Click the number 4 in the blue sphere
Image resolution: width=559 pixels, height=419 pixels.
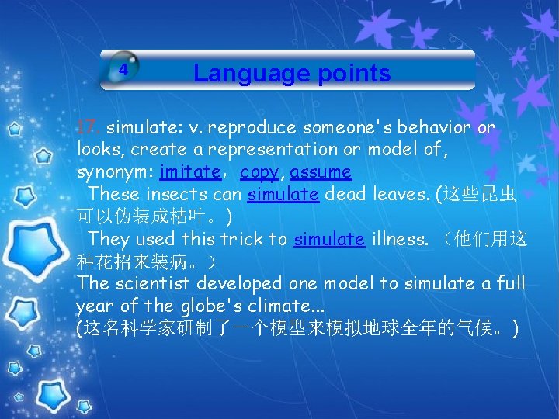tap(122, 69)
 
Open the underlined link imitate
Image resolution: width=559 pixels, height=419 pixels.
tap(190, 171)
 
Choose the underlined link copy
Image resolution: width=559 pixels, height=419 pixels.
tap(259, 171)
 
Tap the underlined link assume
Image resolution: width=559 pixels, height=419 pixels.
tap(321, 171)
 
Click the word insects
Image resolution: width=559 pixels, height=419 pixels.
tap(167, 194)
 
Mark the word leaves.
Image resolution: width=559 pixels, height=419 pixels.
tap(394, 194)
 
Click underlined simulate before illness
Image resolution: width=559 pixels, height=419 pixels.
tap(329, 239)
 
